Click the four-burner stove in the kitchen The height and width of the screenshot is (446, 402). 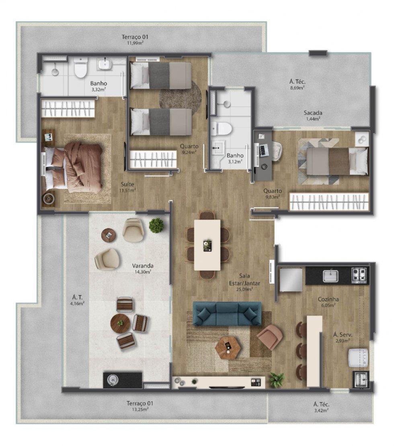(x=360, y=275)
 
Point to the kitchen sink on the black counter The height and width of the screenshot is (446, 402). (x=330, y=276)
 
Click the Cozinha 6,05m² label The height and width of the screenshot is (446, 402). (x=328, y=302)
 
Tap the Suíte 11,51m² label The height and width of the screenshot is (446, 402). (x=128, y=187)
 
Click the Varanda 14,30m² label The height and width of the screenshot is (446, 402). (x=142, y=268)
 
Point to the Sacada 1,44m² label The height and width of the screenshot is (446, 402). (x=313, y=115)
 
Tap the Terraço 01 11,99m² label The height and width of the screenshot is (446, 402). (x=132, y=39)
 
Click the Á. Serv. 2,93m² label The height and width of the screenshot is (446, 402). (x=341, y=337)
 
